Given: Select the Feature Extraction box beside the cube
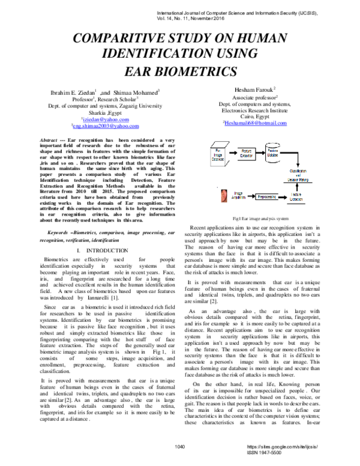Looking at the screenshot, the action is coord(247,154).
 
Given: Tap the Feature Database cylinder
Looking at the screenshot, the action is coord(274,153).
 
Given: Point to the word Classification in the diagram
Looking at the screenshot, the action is coord(298,171).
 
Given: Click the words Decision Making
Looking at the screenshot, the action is coord(298,179).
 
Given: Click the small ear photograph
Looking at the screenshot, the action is coord(224,196).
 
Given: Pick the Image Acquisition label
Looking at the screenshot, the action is coord(239,196).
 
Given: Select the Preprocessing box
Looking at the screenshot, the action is coord(267,196).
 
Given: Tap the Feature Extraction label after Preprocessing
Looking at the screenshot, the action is coord(298,197).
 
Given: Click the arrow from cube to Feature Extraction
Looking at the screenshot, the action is coord(232,153).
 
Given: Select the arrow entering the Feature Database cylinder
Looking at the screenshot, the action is coord(260,153).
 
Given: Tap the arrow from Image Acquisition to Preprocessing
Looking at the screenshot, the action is coord(252,196).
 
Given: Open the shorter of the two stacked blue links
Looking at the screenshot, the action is coord(106,119).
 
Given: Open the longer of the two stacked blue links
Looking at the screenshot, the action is coord(106,126).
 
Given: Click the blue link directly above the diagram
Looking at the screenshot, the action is coord(256,123).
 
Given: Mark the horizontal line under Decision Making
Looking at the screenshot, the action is coord(298,183).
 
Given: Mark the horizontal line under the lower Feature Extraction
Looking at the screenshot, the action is coord(298,204).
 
